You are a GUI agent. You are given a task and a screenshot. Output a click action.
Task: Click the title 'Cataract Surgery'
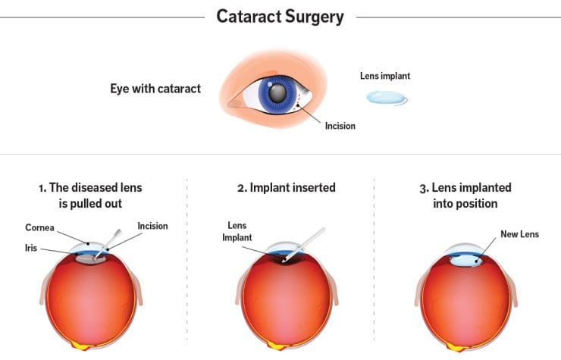[x=280, y=16]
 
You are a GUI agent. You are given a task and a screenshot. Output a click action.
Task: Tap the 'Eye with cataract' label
[x=155, y=89]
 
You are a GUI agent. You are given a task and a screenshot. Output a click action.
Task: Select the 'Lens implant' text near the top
[x=385, y=75]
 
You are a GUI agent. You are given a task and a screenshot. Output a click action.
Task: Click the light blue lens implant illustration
[x=387, y=98]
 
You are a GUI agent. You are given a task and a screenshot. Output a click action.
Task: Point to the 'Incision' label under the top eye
[x=340, y=126]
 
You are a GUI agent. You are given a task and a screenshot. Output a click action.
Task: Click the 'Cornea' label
[x=39, y=227]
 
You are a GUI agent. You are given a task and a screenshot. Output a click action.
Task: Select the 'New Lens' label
[x=519, y=234]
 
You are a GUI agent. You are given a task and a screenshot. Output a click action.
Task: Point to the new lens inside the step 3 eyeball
[x=465, y=261]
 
